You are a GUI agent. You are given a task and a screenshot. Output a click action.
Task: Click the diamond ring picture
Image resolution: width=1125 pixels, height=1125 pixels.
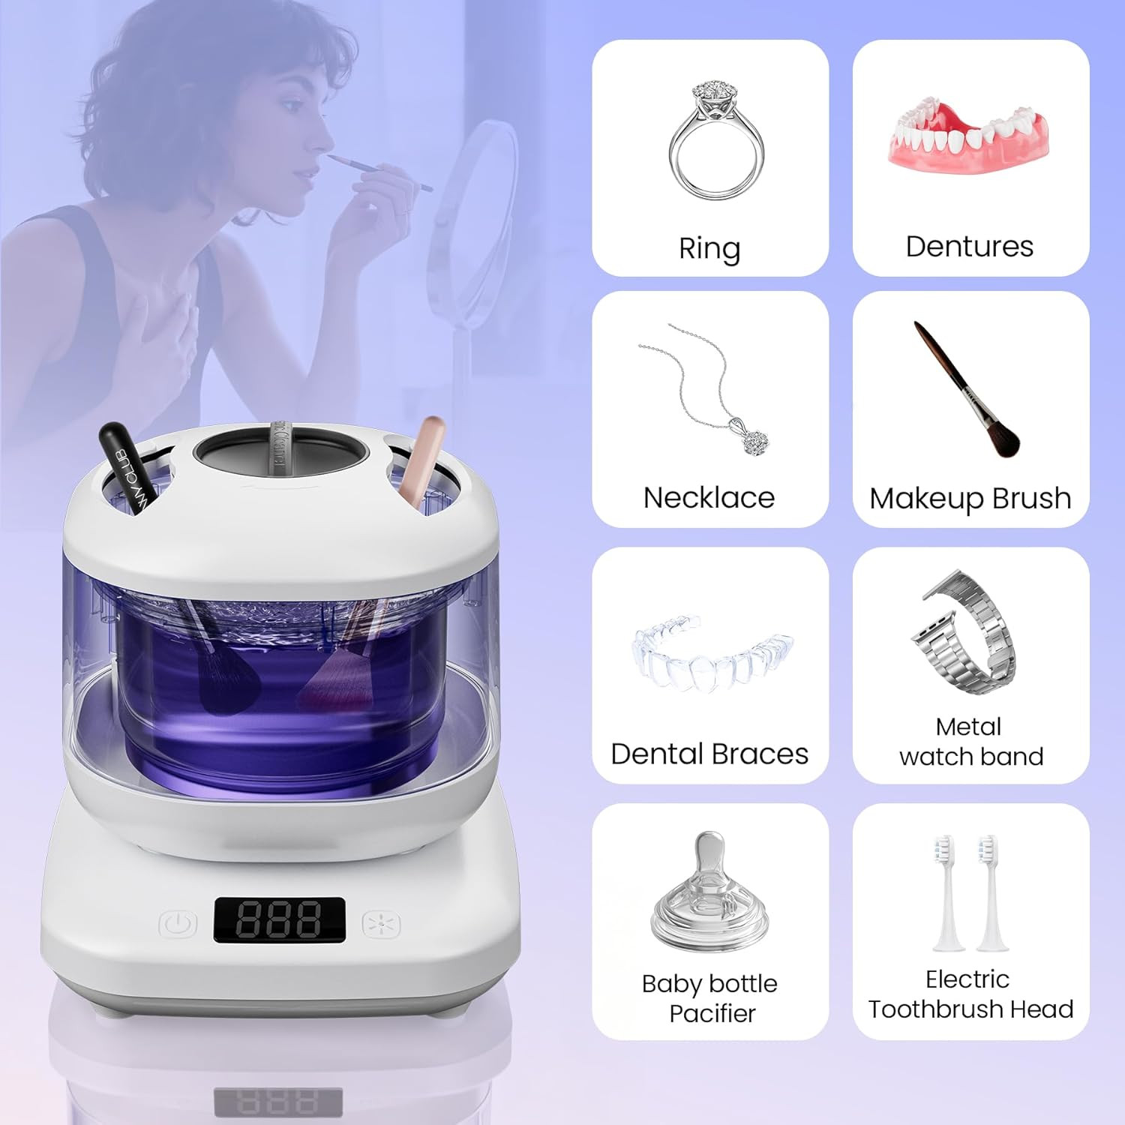716,142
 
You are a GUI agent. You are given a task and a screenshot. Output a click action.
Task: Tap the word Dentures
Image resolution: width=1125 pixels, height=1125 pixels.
969,247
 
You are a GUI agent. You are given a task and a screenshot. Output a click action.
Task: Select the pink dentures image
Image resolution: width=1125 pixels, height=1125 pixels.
969,139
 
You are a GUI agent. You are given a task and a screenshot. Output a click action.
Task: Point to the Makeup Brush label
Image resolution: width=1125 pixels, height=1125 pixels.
970,498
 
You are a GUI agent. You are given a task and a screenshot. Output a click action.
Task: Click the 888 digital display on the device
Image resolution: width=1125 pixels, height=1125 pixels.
279,920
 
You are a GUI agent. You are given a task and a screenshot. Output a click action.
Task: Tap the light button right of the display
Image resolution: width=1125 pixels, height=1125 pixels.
381,924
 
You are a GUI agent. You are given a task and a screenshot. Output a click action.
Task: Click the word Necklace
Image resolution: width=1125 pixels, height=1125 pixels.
709,498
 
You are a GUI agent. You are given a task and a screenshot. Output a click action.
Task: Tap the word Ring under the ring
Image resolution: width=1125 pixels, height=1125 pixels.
709,248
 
